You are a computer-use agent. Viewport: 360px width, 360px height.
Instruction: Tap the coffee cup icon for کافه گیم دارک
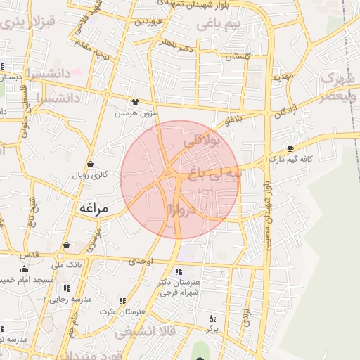click(x=291, y=149)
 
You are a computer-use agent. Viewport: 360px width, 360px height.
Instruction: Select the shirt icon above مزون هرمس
click(x=135, y=103)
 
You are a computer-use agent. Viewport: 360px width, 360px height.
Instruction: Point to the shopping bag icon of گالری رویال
click(x=91, y=164)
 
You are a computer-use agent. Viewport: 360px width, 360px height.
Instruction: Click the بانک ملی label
click(x=67, y=266)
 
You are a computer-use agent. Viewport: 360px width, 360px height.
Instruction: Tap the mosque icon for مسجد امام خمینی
click(x=25, y=269)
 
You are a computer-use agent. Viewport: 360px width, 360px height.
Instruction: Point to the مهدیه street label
click(x=281, y=75)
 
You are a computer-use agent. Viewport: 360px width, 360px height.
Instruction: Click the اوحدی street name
click(x=141, y=261)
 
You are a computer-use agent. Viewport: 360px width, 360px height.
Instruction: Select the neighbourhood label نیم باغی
click(x=217, y=25)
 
